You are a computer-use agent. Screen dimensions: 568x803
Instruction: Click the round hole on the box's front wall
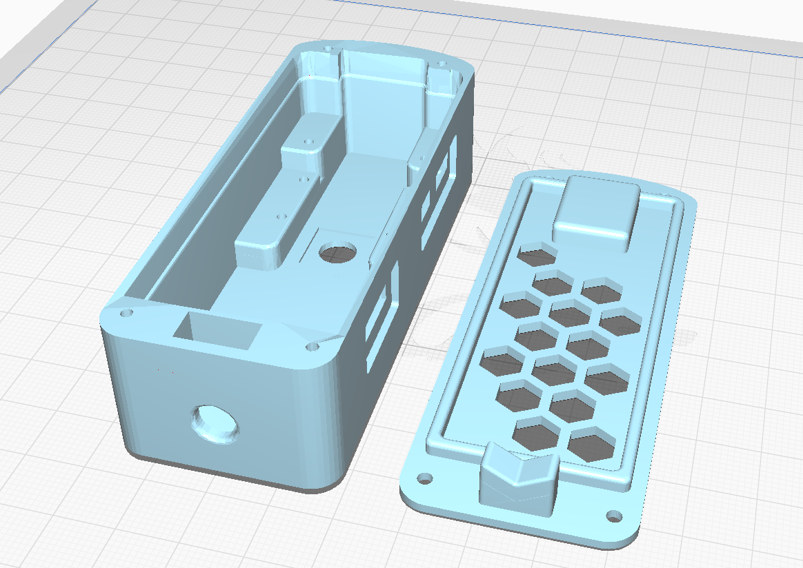[x=216, y=423]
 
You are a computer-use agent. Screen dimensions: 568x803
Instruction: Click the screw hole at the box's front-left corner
[x=126, y=313]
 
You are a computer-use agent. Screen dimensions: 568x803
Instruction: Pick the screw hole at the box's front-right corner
[x=311, y=347]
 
